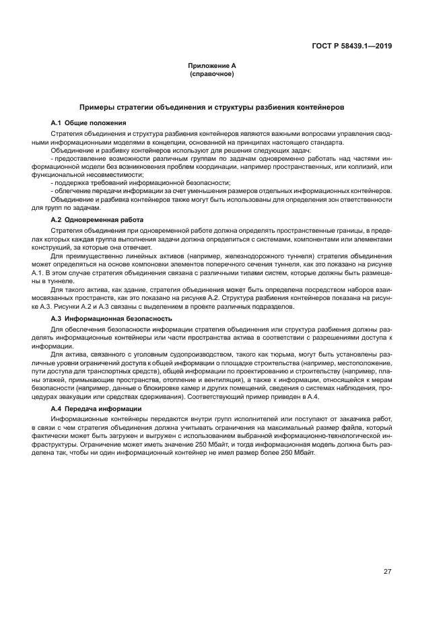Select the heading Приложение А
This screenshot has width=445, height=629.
pos(212,66)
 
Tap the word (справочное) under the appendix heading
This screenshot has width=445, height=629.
pos(212,74)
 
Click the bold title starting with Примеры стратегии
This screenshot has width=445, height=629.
pos(212,107)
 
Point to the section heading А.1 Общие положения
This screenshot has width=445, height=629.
pos(88,123)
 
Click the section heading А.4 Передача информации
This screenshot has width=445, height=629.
pos(96,409)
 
